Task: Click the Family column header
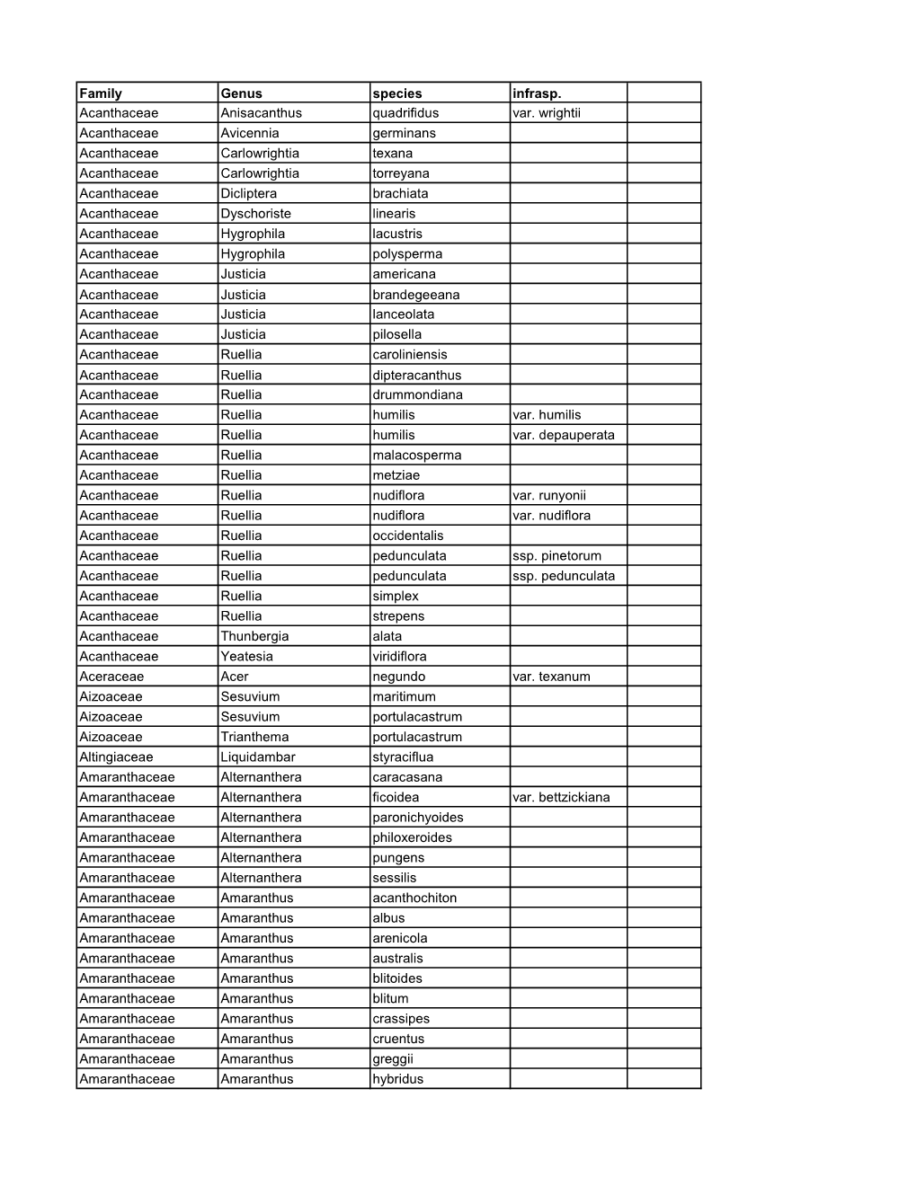(101, 93)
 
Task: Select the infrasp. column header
(536, 93)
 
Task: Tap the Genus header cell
(242, 93)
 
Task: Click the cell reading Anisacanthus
(262, 113)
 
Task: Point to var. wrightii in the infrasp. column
(547, 113)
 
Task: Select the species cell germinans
(405, 133)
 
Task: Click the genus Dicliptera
(249, 193)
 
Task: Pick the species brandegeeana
(416, 295)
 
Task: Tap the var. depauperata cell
(564, 435)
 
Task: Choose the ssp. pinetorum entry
(557, 555)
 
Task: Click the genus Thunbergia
(255, 636)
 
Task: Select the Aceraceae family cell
(111, 677)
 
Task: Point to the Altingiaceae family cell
(116, 757)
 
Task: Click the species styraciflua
(403, 757)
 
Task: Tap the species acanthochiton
(414, 898)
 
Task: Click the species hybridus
(398, 1079)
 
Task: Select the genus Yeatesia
(247, 656)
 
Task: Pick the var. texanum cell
(551, 677)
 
